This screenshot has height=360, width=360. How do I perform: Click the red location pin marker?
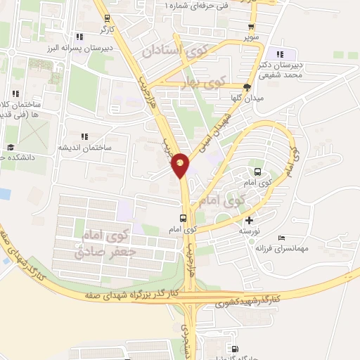coord(181,165)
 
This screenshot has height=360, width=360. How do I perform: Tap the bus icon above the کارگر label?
coord(106,18)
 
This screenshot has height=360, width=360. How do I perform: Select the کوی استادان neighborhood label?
coord(176,51)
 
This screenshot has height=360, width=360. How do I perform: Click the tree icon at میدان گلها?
coord(247,88)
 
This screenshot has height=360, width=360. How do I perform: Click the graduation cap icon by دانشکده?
coord(11,147)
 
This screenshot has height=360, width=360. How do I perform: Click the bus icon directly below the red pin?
coord(183,217)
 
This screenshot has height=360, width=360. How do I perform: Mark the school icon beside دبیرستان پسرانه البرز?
coord(80,37)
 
